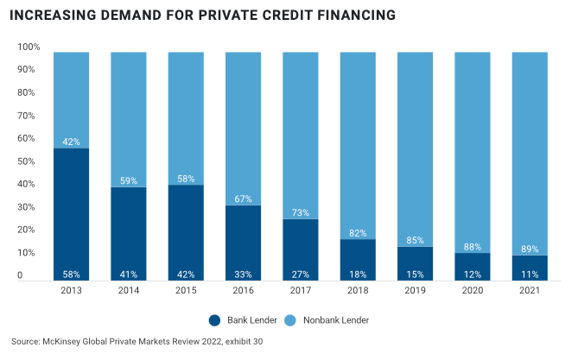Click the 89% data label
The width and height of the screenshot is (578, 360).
530,249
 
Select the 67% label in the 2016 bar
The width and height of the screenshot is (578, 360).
243,199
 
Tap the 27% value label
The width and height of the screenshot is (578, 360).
300,275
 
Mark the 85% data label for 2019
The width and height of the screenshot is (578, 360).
415,240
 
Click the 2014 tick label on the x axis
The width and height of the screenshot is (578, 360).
128,291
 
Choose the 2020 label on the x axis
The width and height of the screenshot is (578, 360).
473,291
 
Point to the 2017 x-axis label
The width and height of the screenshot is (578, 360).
300,291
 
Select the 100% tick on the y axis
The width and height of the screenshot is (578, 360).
27,47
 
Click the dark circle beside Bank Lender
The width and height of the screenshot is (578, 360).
214,320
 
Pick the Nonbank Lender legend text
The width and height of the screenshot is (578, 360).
336,320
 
